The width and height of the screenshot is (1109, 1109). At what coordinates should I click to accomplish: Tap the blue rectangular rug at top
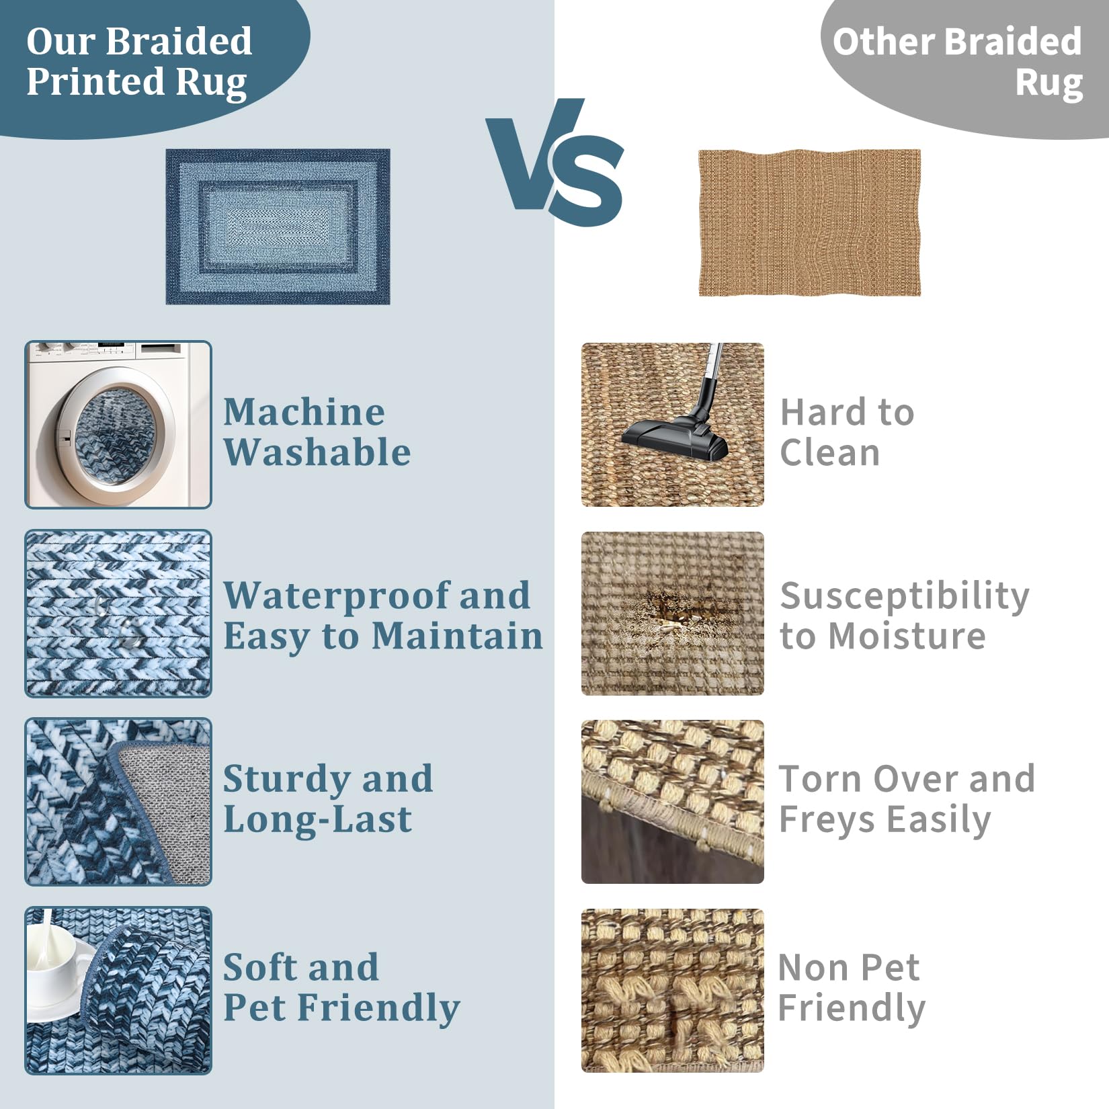278,227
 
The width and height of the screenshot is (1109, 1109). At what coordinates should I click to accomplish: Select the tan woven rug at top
809,222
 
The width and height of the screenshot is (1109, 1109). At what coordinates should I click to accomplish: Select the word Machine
304,411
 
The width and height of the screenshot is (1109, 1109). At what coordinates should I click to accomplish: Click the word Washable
317,452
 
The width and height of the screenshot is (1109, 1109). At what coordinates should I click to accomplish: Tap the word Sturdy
285,780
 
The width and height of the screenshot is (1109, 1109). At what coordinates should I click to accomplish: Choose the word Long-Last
317,819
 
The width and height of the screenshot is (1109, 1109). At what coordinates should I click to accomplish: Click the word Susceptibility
905,597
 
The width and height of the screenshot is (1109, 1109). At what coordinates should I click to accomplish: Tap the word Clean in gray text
829,452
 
